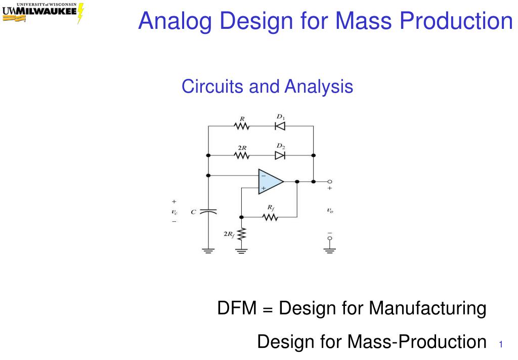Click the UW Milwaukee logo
click(x=43, y=13)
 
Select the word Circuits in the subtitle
click(x=212, y=86)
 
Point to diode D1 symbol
click(x=280, y=126)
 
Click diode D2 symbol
click(x=280, y=155)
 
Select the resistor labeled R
click(x=241, y=126)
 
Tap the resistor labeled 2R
click(x=241, y=155)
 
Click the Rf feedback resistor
click(x=270, y=217)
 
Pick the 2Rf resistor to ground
click(x=242, y=234)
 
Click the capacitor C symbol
click(x=208, y=212)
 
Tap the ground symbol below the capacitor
click(x=208, y=251)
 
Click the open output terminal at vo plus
click(x=329, y=181)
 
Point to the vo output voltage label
click(x=330, y=210)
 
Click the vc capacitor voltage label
click(x=175, y=212)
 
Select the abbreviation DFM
click(x=237, y=308)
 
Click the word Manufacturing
click(x=427, y=308)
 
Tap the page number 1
click(x=501, y=344)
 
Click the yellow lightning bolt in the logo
click(x=80, y=13)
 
